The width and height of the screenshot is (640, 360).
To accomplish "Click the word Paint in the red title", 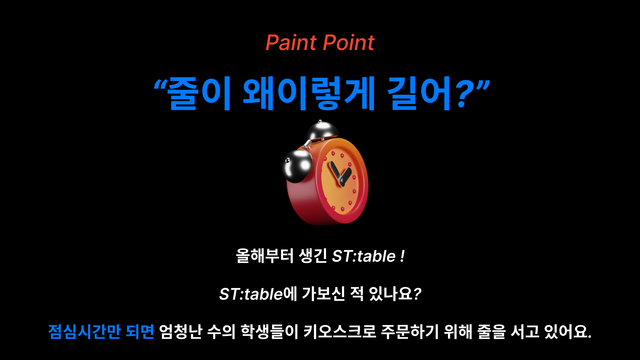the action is point(291,43).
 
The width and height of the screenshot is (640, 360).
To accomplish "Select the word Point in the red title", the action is point(349,43).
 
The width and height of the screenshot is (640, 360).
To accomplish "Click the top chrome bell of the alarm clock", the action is point(322,130).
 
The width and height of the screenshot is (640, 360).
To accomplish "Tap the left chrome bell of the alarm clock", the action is point(297,166).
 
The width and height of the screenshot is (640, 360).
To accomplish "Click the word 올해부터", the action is point(265,256).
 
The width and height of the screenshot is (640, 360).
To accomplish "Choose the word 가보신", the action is point(323,294).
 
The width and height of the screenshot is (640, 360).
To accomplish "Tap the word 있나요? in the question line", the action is point(395,294).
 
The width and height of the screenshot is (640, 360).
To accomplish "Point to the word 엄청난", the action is point(181,331).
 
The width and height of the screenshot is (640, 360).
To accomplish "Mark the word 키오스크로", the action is point(340,331).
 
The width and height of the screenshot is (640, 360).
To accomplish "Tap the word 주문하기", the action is point(410,331).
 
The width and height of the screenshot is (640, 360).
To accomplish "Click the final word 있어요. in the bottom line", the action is point(568,331).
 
